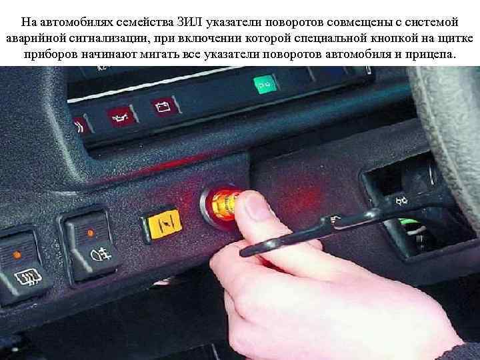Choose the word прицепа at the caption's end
click(x=430, y=53)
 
